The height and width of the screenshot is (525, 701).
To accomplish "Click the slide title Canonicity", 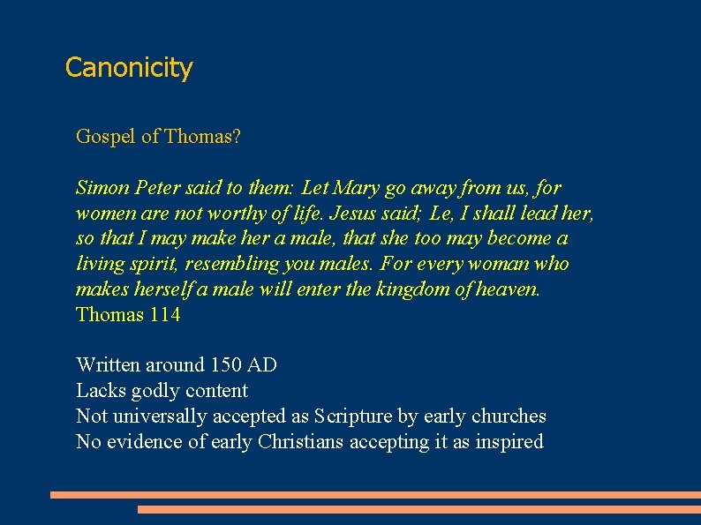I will pyautogui.click(x=129, y=68).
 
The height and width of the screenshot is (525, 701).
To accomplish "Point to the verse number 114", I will pyautogui.click(x=165, y=315).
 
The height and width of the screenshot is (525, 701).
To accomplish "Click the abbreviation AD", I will pyautogui.click(x=262, y=365).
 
